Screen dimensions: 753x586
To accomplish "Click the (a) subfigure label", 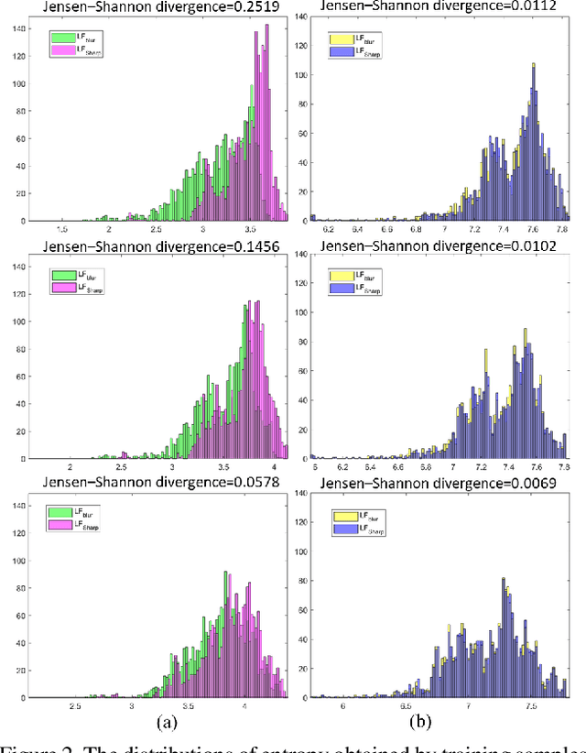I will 166,722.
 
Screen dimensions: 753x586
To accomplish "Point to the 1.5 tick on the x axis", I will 63,230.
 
